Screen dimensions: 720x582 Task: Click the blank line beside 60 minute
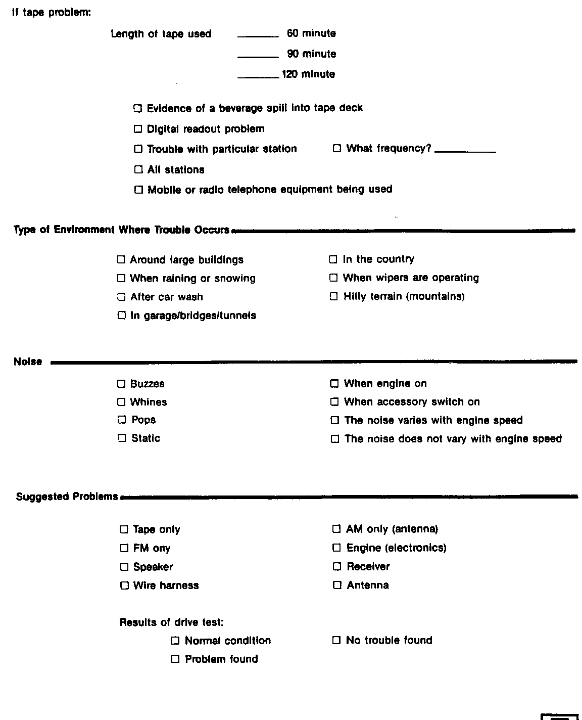258,36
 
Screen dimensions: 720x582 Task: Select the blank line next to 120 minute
258,77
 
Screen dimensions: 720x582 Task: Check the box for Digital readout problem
138,129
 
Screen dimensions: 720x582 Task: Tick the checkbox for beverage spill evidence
137,108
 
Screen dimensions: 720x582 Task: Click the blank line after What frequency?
465,151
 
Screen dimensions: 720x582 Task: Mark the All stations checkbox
138,169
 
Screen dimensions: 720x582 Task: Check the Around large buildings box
121,260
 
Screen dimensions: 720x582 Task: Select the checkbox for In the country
333,259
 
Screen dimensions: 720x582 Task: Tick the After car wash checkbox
121,297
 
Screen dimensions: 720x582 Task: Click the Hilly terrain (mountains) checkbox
333,296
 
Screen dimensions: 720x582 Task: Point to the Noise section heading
28,362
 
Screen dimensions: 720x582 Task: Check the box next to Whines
121,402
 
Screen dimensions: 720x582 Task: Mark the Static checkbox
121,438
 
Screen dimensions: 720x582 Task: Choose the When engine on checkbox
334,384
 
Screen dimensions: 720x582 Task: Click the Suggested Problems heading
67,497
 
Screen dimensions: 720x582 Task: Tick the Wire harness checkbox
124,586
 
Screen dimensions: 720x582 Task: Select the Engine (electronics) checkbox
336,548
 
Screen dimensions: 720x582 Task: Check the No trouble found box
336,640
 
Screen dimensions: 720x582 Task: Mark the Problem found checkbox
175,659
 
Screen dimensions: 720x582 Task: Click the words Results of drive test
171,622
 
